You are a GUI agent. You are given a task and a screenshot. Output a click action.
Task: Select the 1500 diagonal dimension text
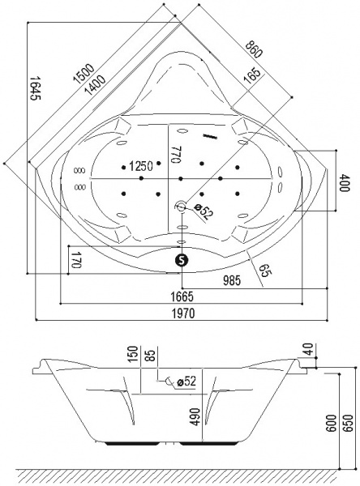(84, 74)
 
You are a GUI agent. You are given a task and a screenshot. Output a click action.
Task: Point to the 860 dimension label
(254, 49)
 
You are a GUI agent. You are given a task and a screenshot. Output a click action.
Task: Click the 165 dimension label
(251, 76)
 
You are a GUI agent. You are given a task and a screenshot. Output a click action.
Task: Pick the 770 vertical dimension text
(176, 154)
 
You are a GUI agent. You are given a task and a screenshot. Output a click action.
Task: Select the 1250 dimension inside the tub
(141, 166)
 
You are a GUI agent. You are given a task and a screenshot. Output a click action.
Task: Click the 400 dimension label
(344, 183)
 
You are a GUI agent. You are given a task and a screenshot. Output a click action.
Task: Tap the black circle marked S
(182, 260)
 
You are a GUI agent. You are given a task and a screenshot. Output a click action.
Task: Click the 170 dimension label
(75, 260)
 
